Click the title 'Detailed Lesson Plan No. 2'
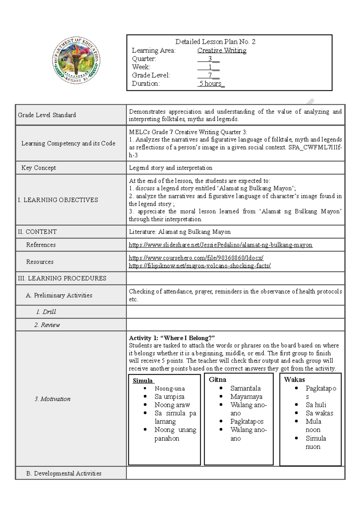pos(215,42)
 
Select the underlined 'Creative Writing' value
pos(222,50)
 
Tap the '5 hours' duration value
pos(211,84)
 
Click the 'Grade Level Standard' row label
pos(47,115)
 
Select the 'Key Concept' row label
pos(39,168)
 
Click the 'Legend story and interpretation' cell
pos(170,168)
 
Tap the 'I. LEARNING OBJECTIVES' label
pos(58,200)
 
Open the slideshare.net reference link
pos(220,245)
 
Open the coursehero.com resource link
pos(196,258)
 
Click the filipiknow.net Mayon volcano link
pos(200,266)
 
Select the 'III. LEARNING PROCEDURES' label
pos(62,278)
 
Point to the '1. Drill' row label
pos(46,312)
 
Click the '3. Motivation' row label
pos(52,399)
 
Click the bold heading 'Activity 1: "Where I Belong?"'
pos(172,338)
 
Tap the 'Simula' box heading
pos(143,381)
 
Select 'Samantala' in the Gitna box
pos(245,388)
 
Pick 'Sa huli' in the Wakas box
pos(316,405)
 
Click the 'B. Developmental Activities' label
pos(64,473)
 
